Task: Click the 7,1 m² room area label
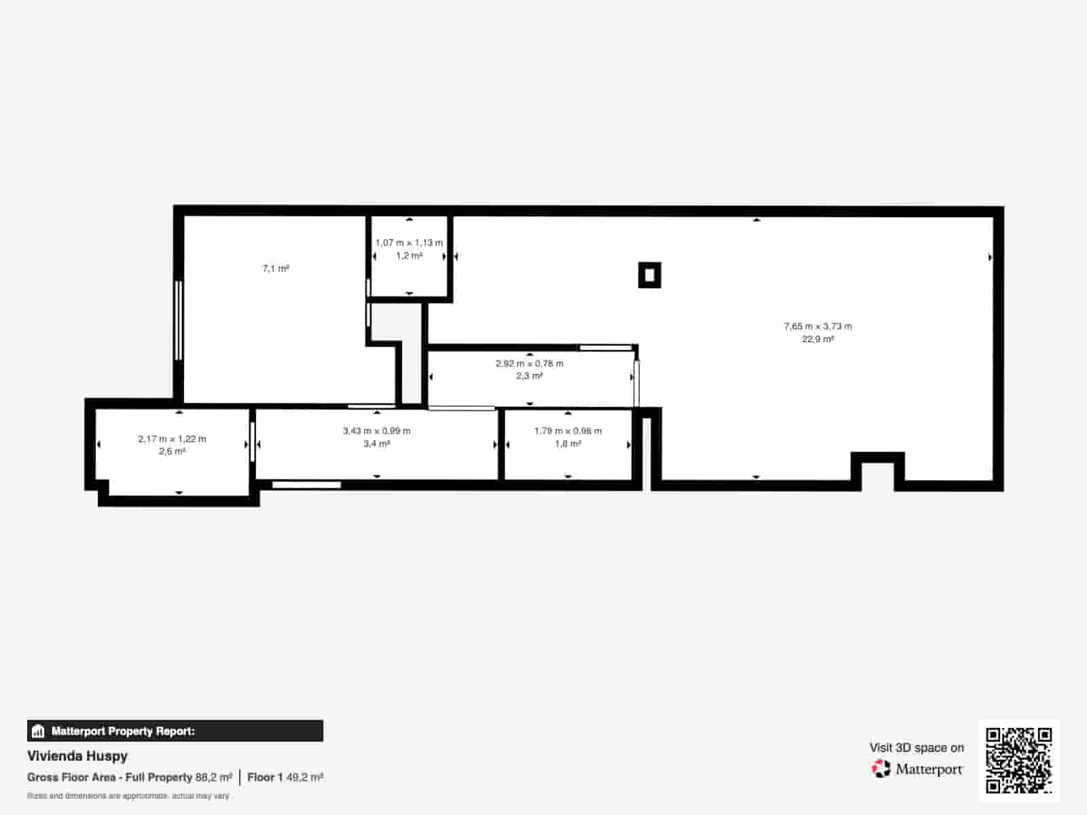click(x=276, y=269)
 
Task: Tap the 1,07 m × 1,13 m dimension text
click(x=409, y=242)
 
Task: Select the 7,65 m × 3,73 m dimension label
click(x=818, y=326)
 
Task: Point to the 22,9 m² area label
click(x=818, y=339)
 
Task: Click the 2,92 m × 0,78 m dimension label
click(x=529, y=363)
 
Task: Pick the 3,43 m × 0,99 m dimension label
click(x=376, y=431)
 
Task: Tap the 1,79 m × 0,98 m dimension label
click(x=568, y=431)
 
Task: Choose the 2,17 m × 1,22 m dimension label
click(x=172, y=439)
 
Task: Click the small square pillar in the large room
click(x=649, y=275)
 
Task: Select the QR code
click(x=1018, y=760)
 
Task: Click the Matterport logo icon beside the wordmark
click(x=881, y=769)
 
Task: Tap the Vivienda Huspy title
click(x=77, y=756)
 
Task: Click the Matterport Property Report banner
click(x=175, y=731)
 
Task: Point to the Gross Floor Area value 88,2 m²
click(x=214, y=777)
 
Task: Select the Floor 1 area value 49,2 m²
click(x=305, y=777)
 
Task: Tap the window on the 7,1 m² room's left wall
click(x=179, y=320)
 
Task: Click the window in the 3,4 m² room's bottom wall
click(x=306, y=485)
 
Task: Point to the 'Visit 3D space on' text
click(x=916, y=748)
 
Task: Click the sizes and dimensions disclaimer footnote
click(x=128, y=796)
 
